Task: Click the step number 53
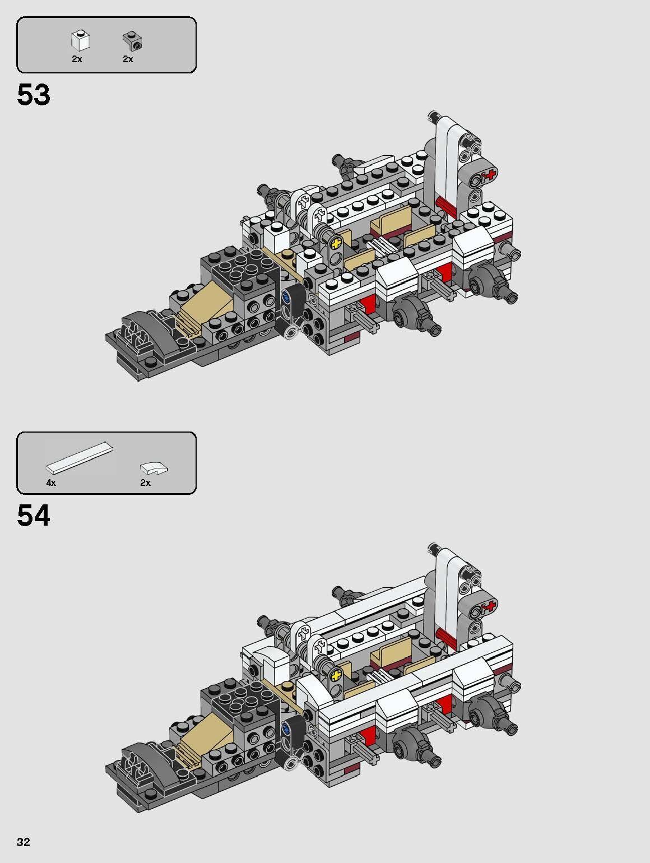tap(34, 95)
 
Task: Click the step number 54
tap(34, 516)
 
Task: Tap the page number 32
tap(24, 842)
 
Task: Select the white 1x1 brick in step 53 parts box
tap(80, 40)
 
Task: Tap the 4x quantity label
tap(51, 482)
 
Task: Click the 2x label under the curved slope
tap(145, 482)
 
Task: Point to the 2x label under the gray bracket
tap(128, 59)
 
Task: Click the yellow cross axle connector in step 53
tap(336, 243)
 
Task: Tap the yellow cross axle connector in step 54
tap(336, 673)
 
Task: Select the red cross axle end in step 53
tap(491, 175)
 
